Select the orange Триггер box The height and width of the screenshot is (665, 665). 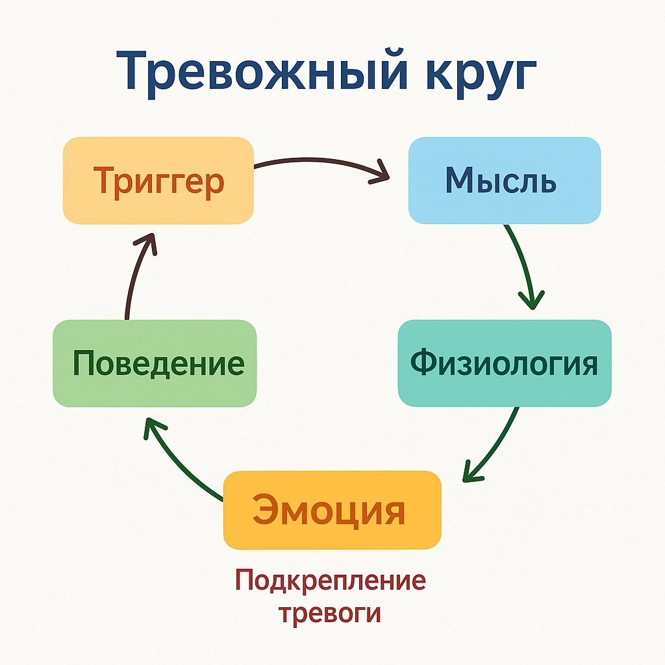(x=158, y=181)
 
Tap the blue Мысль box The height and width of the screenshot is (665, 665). (x=504, y=181)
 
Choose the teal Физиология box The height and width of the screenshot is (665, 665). (x=504, y=363)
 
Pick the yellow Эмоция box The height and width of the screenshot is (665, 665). (x=332, y=510)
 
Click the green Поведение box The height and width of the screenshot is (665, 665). (x=155, y=363)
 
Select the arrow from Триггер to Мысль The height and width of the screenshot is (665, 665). (x=318, y=164)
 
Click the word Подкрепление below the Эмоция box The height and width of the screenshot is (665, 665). (x=331, y=580)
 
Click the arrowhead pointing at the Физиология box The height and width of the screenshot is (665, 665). (x=531, y=299)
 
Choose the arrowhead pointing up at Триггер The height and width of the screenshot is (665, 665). (x=145, y=244)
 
